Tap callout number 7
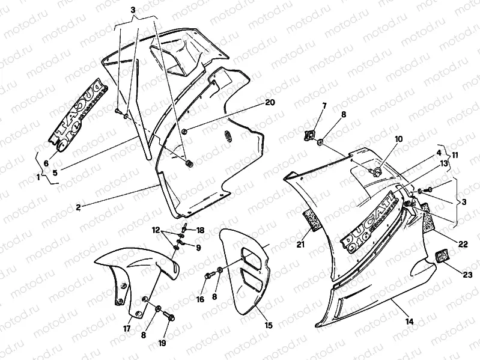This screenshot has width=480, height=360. point(324,106)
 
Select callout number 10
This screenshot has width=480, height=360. point(397,139)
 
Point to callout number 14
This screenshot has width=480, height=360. point(409,322)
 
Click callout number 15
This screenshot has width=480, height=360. point(268,325)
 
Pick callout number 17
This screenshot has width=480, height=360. point(127,328)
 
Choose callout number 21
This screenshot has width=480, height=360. point(302,244)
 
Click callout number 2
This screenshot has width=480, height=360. point(77,207)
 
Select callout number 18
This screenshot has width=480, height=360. point(200,230)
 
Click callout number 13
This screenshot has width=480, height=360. point(444,162)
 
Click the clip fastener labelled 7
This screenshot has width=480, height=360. point(311,135)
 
